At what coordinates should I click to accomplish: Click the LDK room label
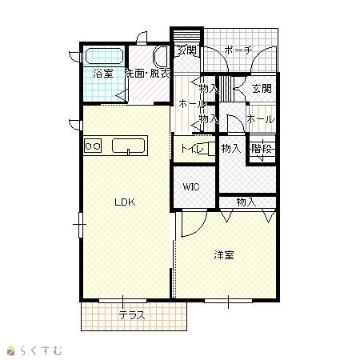(x=125, y=202)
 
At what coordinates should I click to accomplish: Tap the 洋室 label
(x=224, y=255)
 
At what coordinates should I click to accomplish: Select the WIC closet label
(x=191, y=186)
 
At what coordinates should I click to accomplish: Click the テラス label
(x=132, y=315)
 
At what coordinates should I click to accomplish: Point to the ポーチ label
(x=238, y=50)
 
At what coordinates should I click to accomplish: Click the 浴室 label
(x=103, y=74)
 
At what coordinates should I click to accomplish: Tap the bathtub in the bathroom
(x=104, y=56)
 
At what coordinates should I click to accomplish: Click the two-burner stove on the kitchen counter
(x=93, y=146)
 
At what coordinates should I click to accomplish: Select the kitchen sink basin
(x=128, y=146)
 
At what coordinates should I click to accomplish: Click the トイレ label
(x=192, y=149)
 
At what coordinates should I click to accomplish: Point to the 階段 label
(x=262, y=149)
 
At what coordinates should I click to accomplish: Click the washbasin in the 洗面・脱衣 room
(x=161, y=57)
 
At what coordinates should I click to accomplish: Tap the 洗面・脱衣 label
(x=148, y=74)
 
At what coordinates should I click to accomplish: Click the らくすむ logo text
(x=41, y=350)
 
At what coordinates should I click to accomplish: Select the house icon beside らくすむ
(x=10, y=350)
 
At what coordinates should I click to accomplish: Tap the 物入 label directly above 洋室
(x=246, y=202)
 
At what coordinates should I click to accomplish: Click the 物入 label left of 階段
(x=231, y=148)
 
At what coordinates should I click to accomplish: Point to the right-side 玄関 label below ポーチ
(x=262, y=88)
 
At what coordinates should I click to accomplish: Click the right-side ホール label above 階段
(x=260, y=119)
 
